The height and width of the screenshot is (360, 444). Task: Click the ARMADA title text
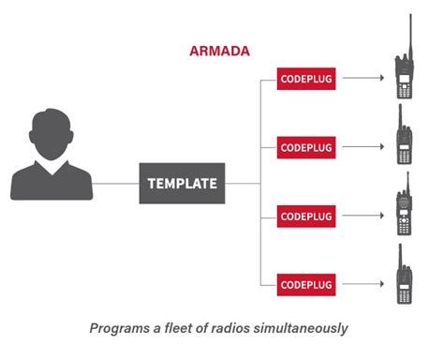click(x=220, y=52)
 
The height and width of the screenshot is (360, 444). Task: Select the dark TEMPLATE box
click(x=181, y=184)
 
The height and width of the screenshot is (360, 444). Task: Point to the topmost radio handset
click(x=405, y=70)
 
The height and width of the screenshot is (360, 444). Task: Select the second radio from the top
click(x=405, y=141)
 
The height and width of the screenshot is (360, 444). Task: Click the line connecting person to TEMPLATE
click(x=117, y=184)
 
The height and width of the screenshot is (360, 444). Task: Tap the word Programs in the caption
click(x=120, y=329)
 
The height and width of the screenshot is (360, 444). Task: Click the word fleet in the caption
click(x=179, y=329)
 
